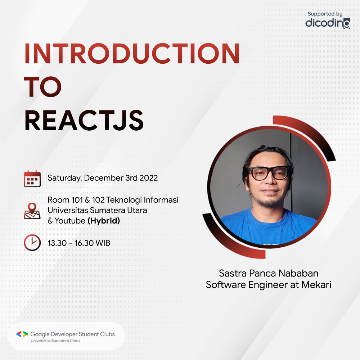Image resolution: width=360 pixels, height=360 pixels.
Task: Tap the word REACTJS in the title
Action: (84, 121)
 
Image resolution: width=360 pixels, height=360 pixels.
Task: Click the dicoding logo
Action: (328, 23)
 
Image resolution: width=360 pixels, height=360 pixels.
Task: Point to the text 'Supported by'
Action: (325, 14)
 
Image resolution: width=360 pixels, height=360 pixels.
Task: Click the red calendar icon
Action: (32, 179)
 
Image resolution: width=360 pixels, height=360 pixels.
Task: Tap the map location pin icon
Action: (32, 211)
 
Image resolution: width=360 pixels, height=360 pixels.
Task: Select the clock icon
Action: (32, 242)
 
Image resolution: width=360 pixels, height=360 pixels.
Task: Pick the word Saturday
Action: (64, 178)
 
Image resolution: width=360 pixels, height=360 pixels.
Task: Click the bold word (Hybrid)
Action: (104, 221)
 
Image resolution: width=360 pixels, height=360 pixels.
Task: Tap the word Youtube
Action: (70, 221)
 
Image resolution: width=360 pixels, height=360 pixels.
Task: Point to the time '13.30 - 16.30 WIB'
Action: (79, 243)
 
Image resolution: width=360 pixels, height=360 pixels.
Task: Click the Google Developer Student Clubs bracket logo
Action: (22, 334)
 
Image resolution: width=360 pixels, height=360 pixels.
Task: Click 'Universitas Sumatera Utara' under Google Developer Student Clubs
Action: (55, 341)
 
